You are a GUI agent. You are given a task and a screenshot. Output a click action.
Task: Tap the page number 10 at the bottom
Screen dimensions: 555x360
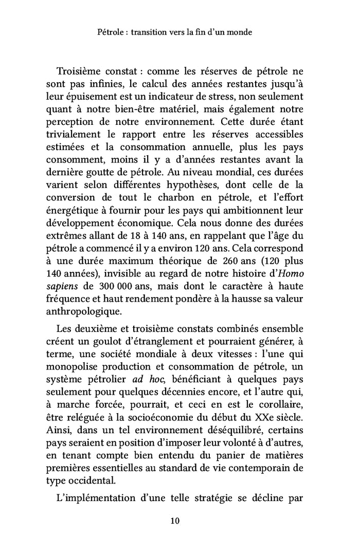click(175, 521)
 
